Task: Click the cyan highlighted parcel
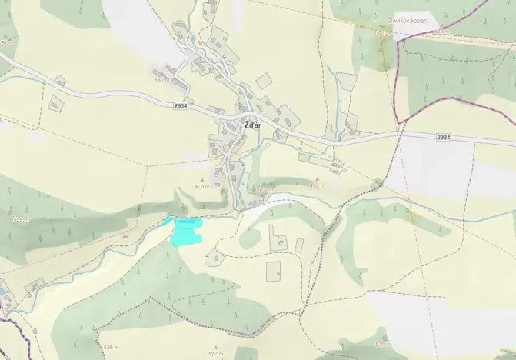[185, 231]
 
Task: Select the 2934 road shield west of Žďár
[181, 105]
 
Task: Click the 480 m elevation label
[160, 79]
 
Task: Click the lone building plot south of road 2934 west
[55, 102]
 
